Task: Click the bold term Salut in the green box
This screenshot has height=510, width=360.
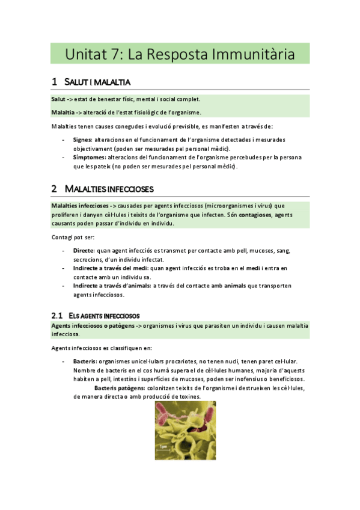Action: [x=58, y=99]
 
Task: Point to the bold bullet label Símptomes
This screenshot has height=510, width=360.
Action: [x=89, y=157]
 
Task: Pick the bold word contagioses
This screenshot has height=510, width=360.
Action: [x=248, y=215]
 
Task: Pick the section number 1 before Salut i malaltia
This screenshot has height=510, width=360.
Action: [x=54, y=82]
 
